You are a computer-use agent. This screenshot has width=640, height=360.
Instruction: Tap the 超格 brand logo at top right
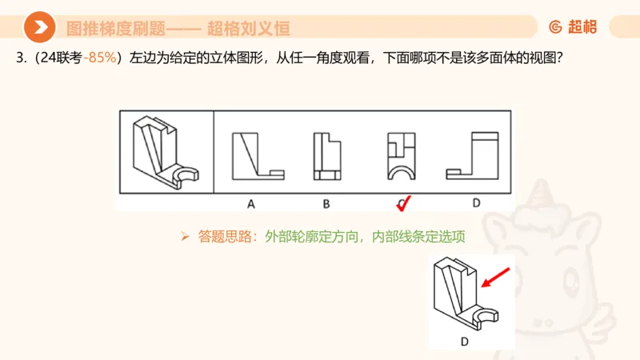tap(572, 27)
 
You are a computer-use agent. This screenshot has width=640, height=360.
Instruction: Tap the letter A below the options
tap(250, 203)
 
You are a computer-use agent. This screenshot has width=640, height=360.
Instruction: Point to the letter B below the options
tap(326, 203)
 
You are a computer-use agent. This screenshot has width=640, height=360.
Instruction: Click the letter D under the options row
tap(476, 203)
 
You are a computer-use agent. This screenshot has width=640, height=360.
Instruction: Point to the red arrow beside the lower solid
tap(497, 278)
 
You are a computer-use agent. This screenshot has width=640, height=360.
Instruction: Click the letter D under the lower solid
tap(464, 342)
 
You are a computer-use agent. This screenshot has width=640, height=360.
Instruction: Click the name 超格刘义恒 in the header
tap(248, 29)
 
